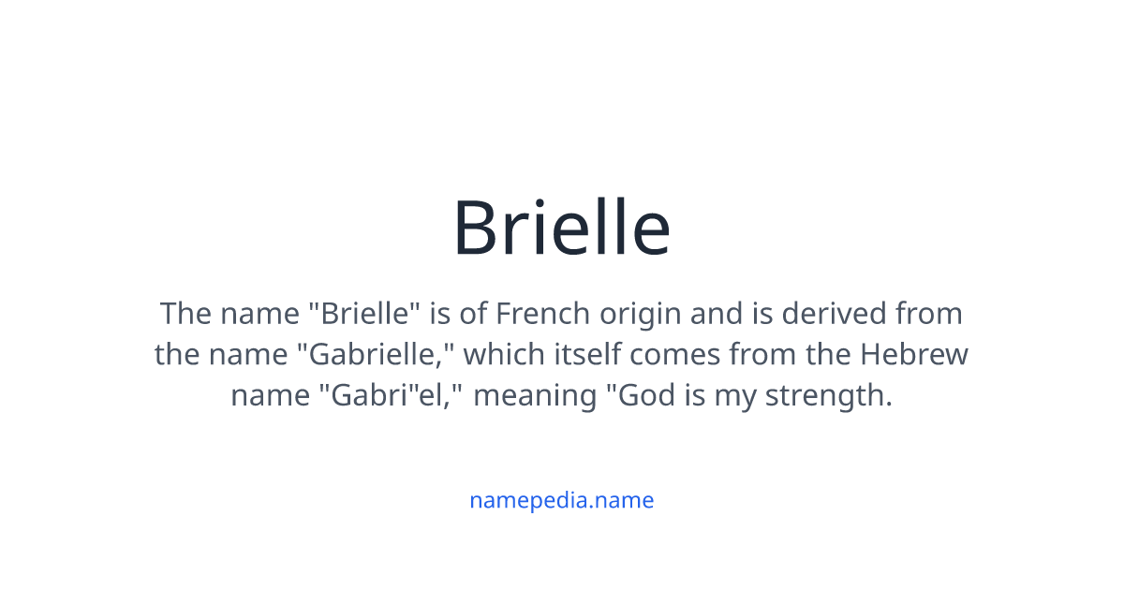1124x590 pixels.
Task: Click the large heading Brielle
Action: click(x=561, y=228)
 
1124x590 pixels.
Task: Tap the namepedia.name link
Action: click(x=561, y=500)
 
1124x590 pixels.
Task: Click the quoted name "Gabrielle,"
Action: click(x=381, y=355)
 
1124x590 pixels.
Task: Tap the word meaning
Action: click(x=534, y=396)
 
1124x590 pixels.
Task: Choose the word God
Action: click(x=641, y=395)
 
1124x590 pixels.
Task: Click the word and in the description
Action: click(x=717, y=313)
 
